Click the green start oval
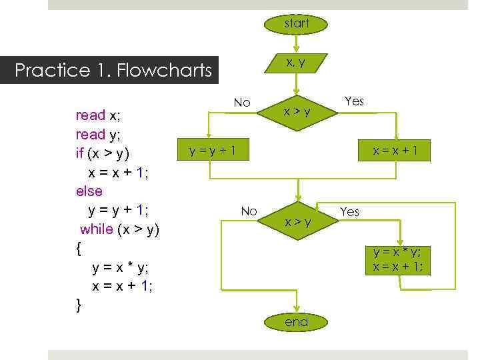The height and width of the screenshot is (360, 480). coord(297,24)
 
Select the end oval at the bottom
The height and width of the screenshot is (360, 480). coord(297,323)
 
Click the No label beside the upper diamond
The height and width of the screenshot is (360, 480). coord(242,103)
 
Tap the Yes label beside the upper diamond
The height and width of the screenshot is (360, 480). coord(354,101)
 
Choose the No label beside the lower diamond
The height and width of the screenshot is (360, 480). coord(249,211)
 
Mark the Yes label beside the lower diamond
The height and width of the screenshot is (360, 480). coord(349,212)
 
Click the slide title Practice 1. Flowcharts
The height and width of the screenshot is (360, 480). coord(113,70)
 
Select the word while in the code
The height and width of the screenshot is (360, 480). coord(97,229)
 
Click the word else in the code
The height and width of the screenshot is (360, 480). coord(89,191)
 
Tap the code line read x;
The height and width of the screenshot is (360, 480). coord(98,115)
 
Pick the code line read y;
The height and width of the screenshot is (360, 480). coord(98,135)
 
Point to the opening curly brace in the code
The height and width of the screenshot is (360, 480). coord(79,249)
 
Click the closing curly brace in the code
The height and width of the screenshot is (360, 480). coord(79,305)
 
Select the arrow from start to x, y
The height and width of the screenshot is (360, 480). coord(297,43)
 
